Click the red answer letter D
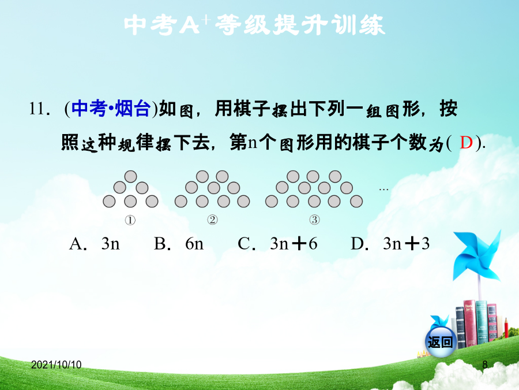tap(466, 143)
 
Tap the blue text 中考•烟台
tap(111, 109)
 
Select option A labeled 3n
tap(95, 244)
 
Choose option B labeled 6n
tap(179, 244)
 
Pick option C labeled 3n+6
tap(278, 244)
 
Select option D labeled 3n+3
tap(390, 244)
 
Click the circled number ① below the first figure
tap(130, 220)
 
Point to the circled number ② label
tap(212, 220)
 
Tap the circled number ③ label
tap(314, 220)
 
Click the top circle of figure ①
tap(130, 176)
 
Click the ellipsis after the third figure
tap(383, 190)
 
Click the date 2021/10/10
tap(57, 365)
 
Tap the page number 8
tap(485, 365)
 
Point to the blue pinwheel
tap(477, 255)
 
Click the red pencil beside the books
tap(506, 328)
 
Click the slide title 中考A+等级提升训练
tap(254, 25)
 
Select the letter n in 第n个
tap(253, 143)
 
